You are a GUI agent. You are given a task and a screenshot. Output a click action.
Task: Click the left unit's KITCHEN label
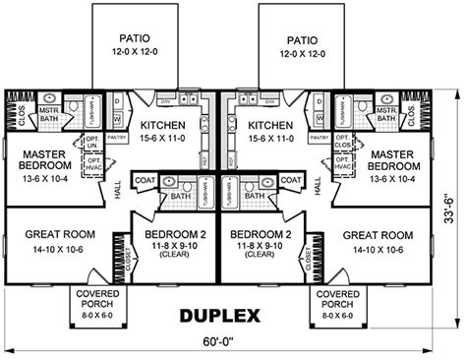coord(163,126)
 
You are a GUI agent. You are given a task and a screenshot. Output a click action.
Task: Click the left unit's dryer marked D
coord(115,102)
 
